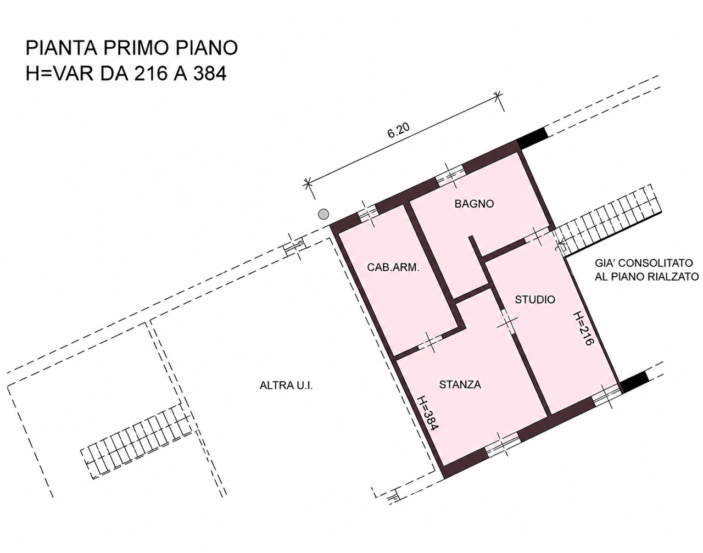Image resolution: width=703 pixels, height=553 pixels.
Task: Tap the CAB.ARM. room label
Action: [393, 267]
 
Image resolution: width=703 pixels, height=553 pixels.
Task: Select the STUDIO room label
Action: [535, 299]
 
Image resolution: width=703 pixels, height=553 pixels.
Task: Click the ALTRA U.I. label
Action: [286, 386]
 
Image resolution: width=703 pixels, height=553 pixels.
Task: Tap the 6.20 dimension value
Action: [399, 131]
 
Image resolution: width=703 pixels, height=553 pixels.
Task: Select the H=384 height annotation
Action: [428, 414]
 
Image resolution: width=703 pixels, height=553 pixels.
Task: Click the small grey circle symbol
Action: [323, 214]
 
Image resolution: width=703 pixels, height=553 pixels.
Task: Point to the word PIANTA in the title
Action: [62, 48]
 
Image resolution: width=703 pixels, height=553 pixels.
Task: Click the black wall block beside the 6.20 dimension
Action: [532, 138]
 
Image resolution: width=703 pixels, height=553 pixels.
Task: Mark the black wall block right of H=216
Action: [635, 382]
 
